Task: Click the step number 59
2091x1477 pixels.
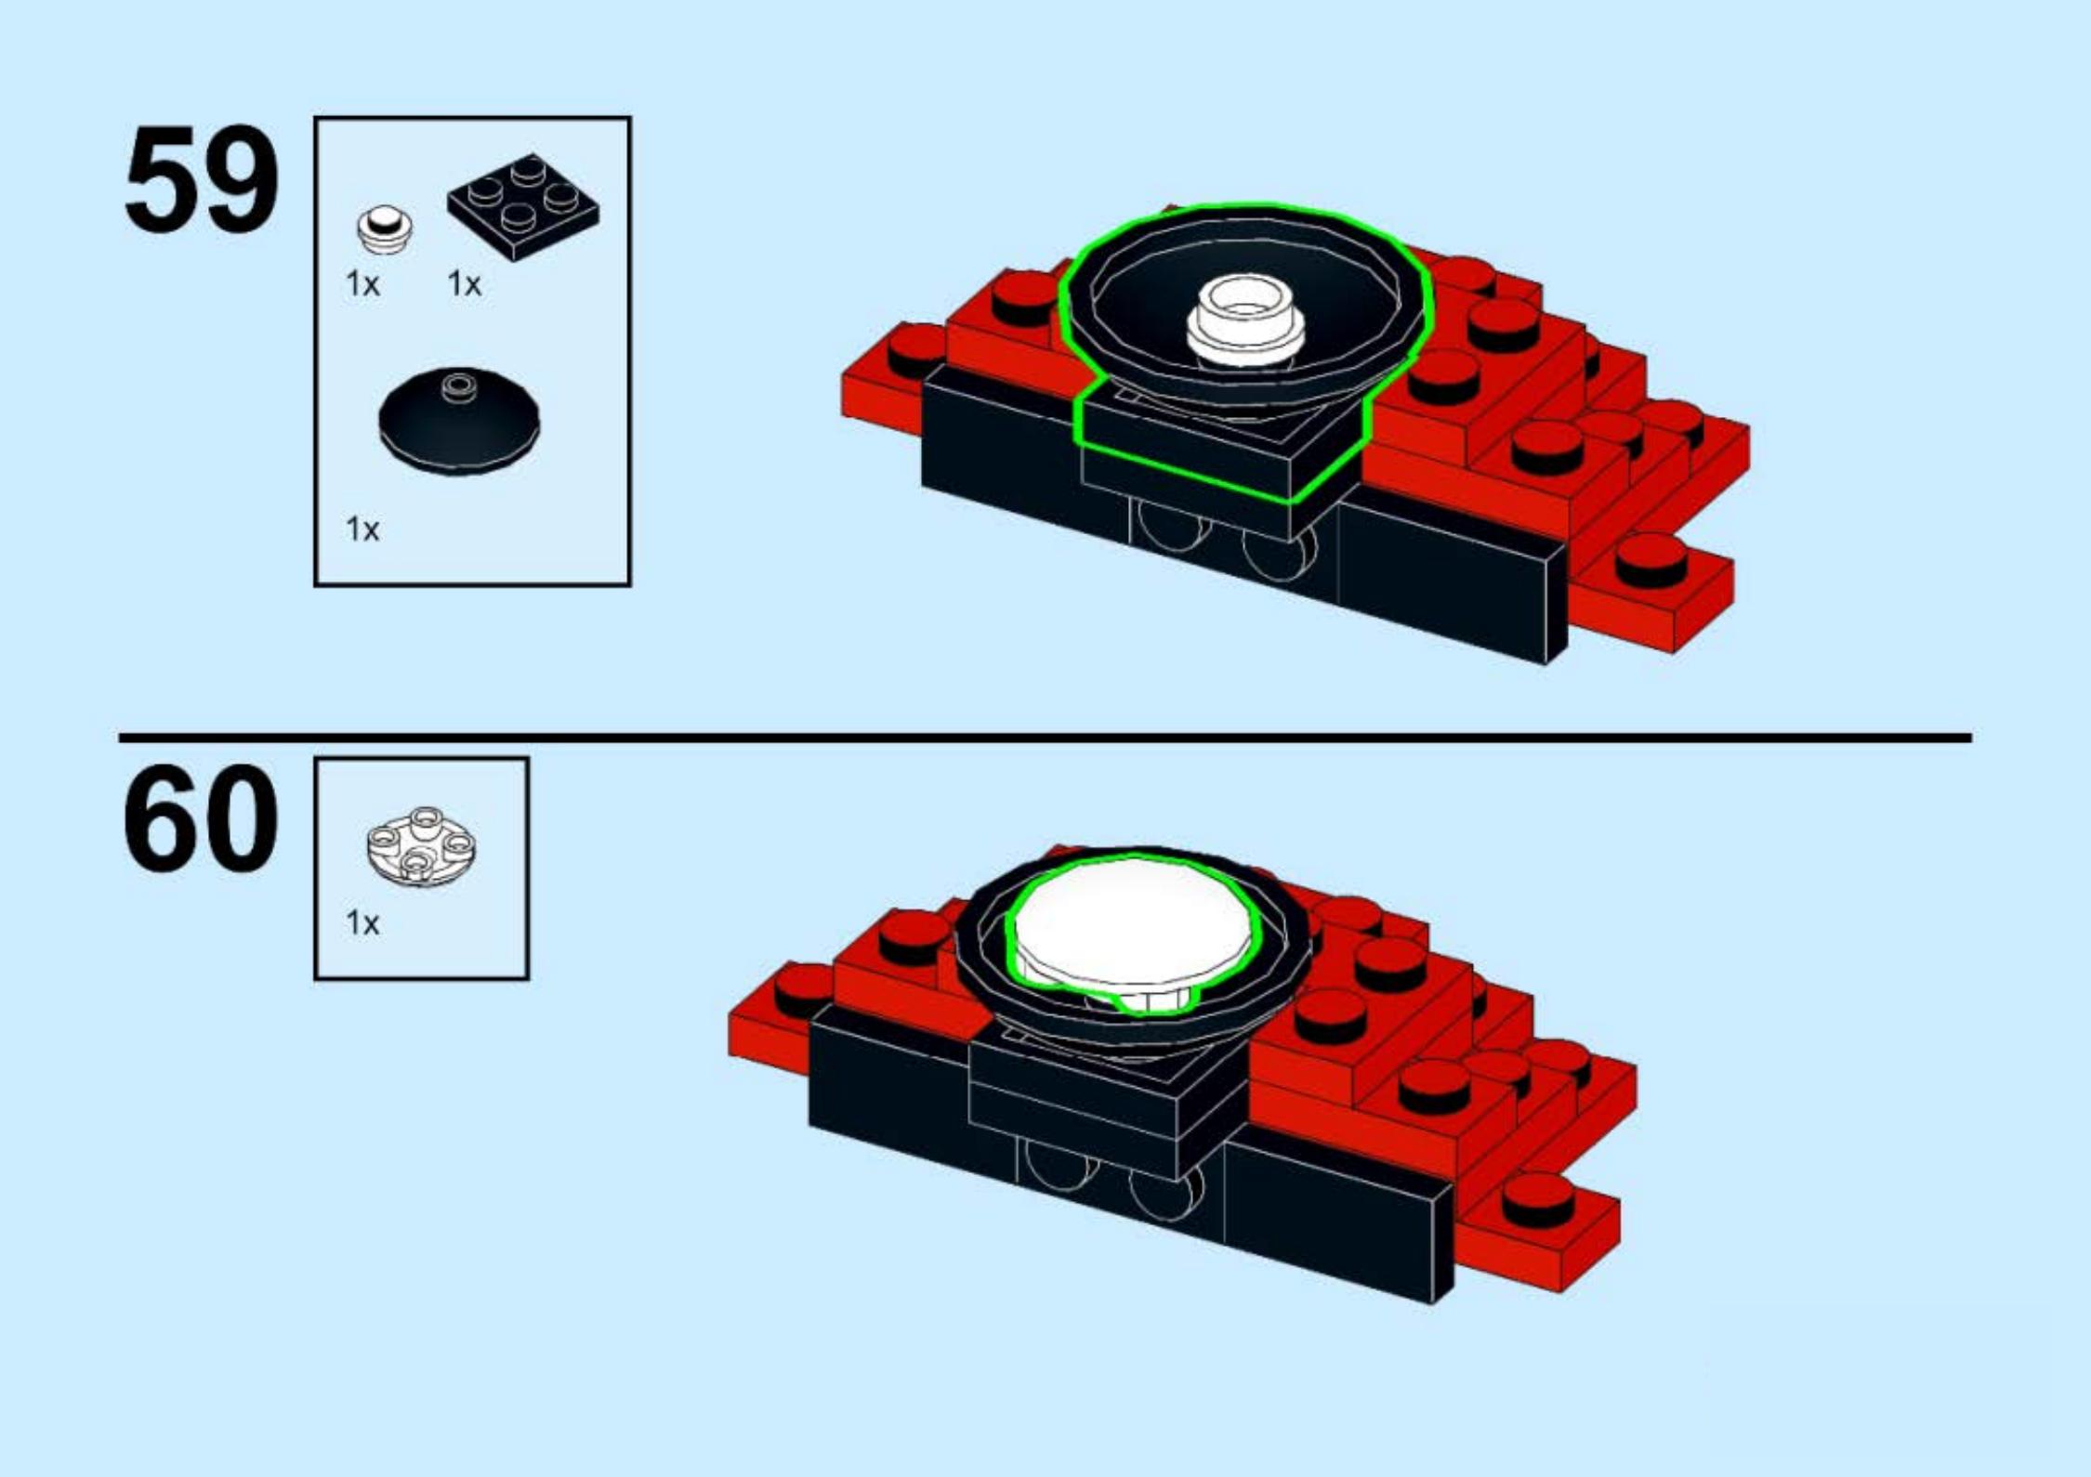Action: (202, 178)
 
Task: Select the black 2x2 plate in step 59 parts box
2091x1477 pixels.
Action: (523, 206)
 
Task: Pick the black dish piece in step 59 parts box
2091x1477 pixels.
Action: (459, 422)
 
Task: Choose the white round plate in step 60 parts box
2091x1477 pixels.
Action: (421, 844)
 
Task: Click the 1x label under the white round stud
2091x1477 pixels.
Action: (362, 283)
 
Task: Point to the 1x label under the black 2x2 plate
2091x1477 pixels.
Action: (464, 283)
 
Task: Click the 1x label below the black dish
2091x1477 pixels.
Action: (362, 529)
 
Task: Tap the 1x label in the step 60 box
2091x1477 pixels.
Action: (362, 922)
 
